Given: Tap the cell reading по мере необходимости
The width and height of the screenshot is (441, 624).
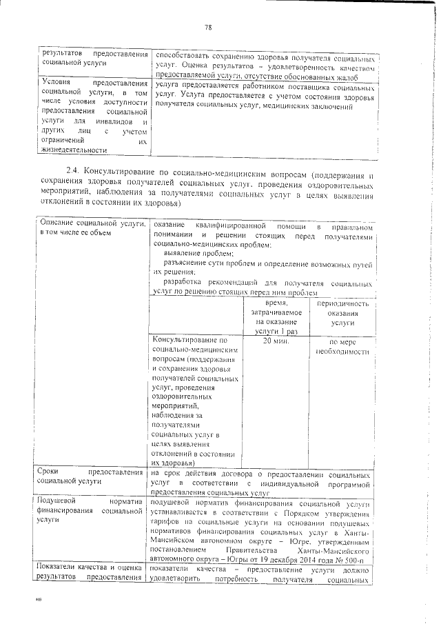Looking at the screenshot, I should tap(342, 346).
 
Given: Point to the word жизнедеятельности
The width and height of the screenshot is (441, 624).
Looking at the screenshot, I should tap(74, 150).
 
